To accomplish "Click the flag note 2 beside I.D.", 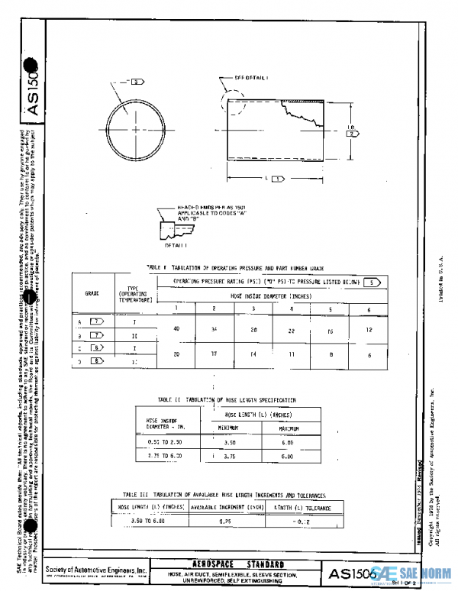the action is tap(352, 133).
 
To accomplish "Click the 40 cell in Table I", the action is tap(176, 328).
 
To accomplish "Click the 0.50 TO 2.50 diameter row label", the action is tap(158, 441).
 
